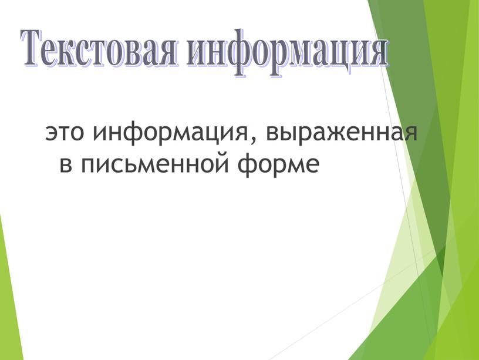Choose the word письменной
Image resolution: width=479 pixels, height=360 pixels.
[x=156, y=165]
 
